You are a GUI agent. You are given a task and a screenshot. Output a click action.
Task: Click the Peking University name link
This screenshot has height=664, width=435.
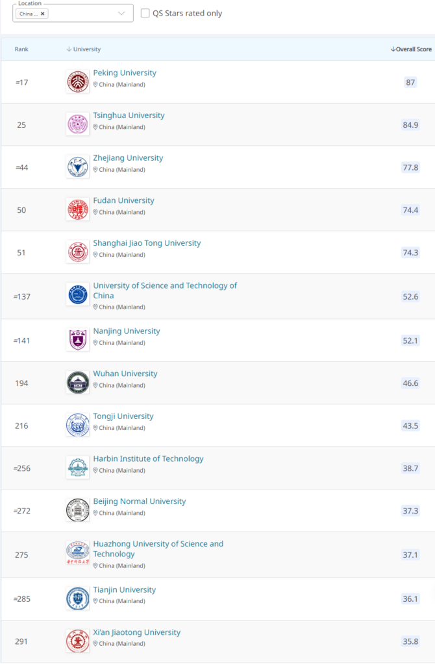click(125, 73)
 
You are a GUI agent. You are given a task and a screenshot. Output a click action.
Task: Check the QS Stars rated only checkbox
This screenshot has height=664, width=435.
click(145, 13)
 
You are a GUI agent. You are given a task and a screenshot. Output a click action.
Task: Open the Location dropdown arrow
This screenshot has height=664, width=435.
click(121, 13)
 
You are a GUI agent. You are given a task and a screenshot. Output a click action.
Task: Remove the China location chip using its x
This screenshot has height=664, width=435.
click(43, 14)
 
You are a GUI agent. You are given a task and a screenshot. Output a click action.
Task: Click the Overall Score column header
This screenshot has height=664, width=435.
click(411, 49)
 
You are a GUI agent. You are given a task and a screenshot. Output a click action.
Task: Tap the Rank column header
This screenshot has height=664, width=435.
click(21, 49)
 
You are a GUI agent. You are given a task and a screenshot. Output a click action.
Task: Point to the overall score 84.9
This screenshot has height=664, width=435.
click(410, 124)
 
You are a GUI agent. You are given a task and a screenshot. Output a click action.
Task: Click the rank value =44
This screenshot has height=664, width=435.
click(21, 167)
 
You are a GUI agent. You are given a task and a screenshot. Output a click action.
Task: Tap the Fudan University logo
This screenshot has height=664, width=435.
click(78, 209)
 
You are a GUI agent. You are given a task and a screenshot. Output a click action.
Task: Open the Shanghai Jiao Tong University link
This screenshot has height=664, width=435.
click(147, 243)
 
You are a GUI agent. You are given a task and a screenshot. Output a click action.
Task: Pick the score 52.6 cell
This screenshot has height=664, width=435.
click(410, 296)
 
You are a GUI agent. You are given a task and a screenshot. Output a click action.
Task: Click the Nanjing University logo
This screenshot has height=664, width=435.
click(78, 340)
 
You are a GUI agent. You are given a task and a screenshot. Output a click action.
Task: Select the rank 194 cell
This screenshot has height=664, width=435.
click(21, 383)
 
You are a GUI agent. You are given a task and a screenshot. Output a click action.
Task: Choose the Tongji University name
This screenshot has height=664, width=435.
click(123, 416)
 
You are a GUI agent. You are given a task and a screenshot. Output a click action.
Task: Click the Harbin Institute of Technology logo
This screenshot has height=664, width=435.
click(78, 468)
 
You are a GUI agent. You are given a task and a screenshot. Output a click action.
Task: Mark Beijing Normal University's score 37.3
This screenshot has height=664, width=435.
click(410, 511)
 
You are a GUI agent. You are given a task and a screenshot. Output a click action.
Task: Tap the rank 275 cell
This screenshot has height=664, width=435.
click(21, 554)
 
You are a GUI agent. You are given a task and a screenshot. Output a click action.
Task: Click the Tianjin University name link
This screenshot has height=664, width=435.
click(124, 590)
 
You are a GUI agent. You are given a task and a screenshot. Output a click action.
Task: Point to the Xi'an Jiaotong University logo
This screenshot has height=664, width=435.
click(78, 641)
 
